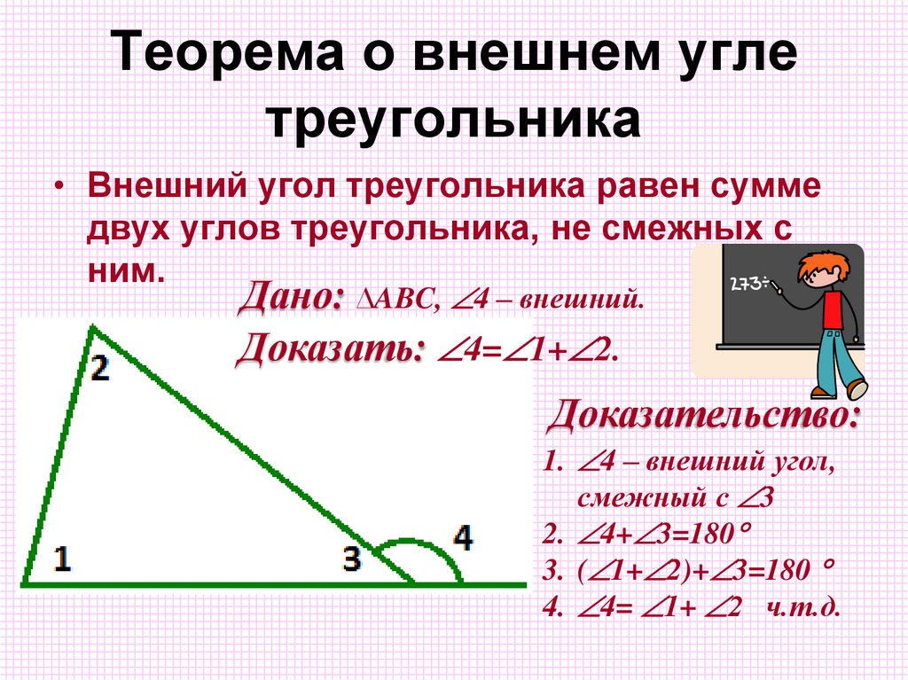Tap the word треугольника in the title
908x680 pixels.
point(453,121)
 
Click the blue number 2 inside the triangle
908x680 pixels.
point(99,367)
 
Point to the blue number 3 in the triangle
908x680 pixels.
point(352,559)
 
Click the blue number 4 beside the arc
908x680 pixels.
point(463,538)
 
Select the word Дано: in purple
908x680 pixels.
point(292,295)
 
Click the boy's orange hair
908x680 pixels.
point(820,264)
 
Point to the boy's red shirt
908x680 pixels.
point(832,309)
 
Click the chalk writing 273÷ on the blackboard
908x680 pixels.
point(748,284)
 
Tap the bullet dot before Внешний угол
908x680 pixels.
point(59,189)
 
